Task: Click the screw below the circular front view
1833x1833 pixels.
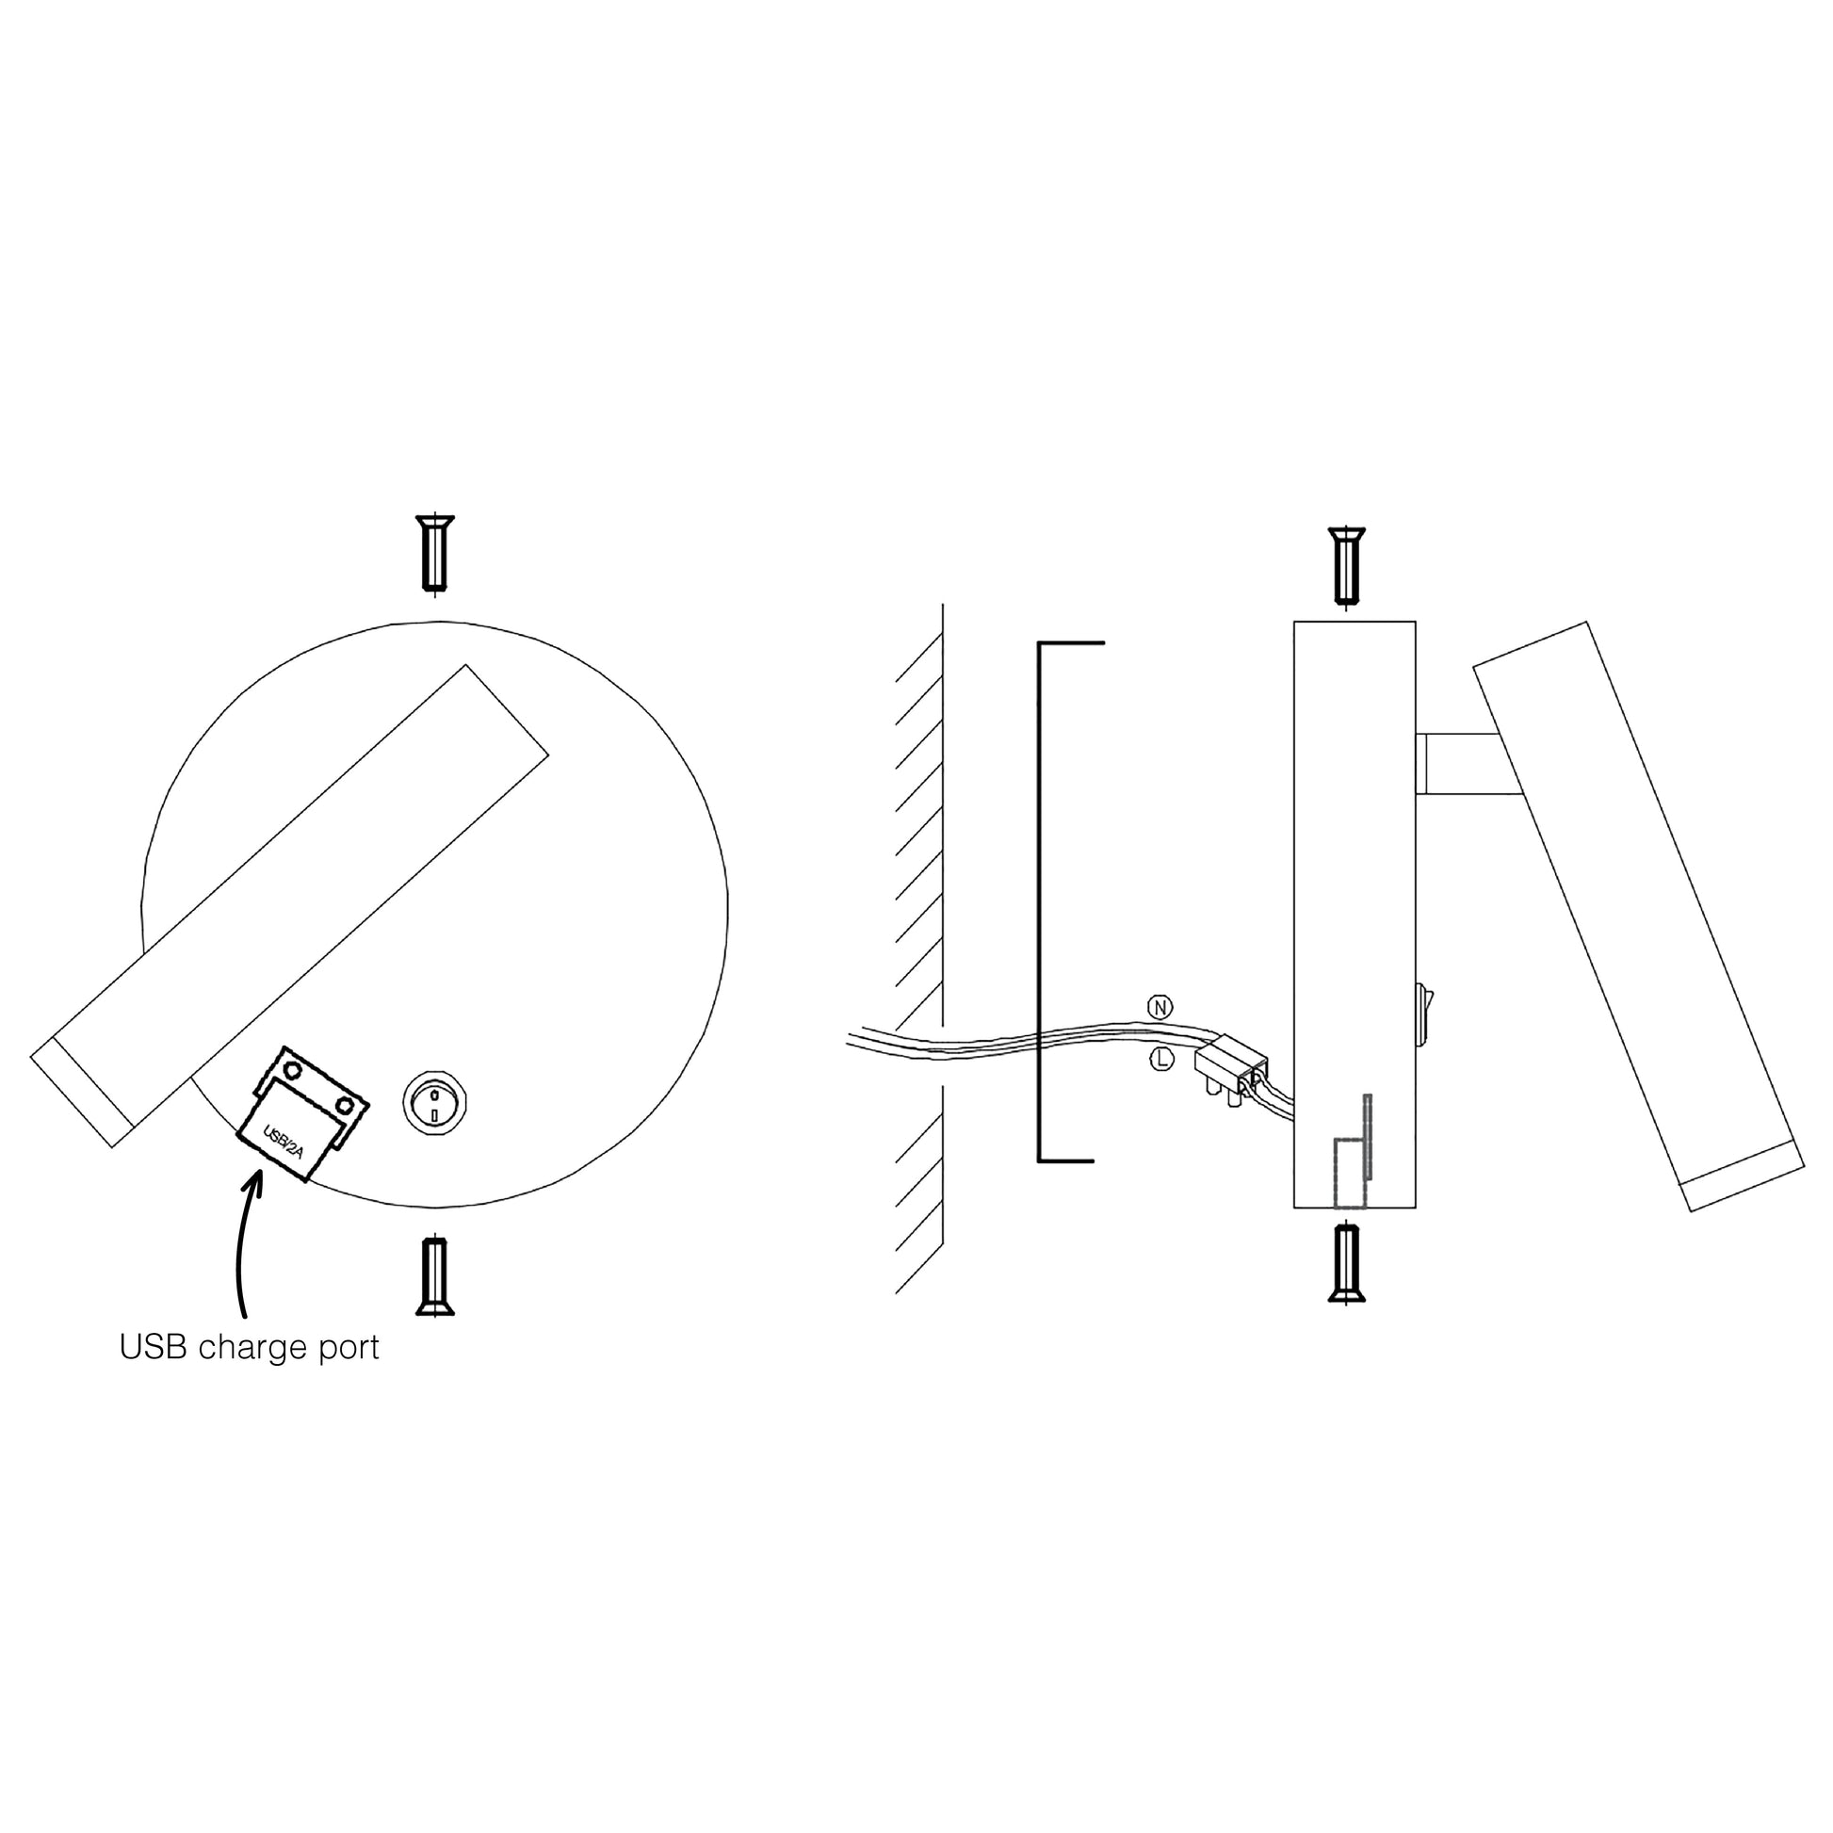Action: point(434,1277)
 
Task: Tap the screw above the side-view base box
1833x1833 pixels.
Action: point(1347,565)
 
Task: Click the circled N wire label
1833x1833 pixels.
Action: point(1160,1007)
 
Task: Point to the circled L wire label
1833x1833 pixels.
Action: point(1161,1060)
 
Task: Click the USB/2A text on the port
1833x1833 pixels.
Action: point(283,1144)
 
